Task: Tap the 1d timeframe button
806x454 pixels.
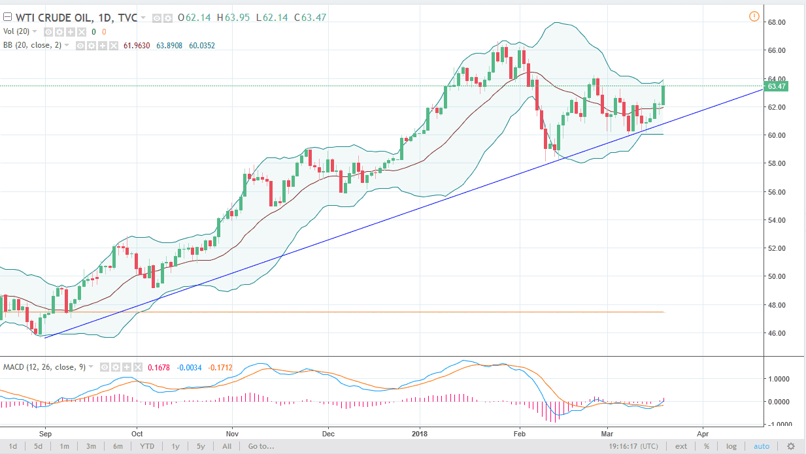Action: click(13, 446)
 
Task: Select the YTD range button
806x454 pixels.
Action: click(146, 446)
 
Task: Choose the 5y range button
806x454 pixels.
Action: click(201, 446)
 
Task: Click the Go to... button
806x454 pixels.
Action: click(261, 446)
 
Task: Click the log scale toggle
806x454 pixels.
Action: click(731, 446)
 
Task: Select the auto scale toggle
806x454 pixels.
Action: click(762, 446)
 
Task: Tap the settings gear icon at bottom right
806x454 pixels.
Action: click(791, 446)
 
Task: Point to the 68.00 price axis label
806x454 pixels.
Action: click(776, 22)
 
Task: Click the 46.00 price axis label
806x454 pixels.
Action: click(776, 333)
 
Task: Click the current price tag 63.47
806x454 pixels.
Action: click(776, 86)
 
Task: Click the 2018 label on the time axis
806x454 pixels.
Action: click(420, 433)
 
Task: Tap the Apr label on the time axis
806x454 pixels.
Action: click(703, 433)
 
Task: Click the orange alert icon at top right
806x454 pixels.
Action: click(754, 16)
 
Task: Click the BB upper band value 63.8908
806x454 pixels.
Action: click(168, 46)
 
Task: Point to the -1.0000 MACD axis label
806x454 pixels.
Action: click(778, 424)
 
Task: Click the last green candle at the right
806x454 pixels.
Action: click(663, 95)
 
